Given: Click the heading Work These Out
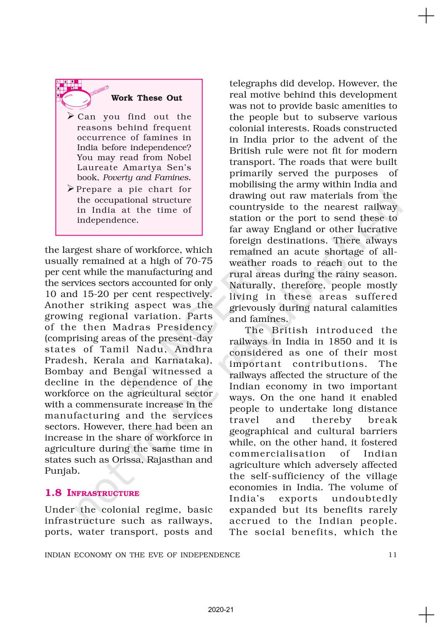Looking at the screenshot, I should click(x=146, y=98).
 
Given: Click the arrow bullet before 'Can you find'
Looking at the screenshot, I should click(x=71, y=116).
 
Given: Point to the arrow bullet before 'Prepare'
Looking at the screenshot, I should click(x=71, y=189).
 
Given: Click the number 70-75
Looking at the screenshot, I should click(x=199, y=261).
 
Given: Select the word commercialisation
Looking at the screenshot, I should click(x=277, y=454).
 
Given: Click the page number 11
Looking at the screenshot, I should click(x=392, y=555).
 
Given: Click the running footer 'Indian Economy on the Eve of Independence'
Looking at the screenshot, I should click(x=142, y=555).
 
